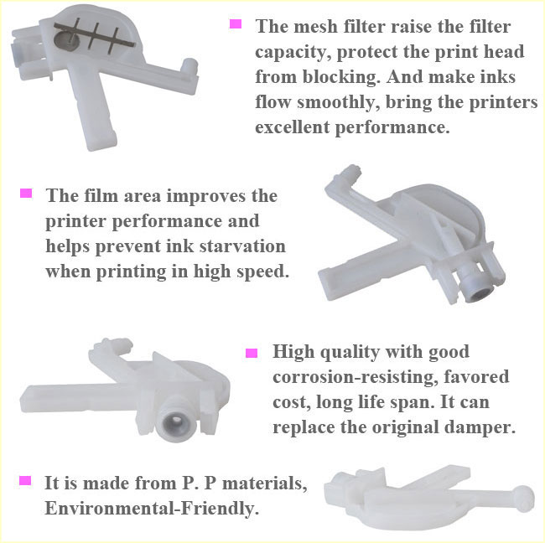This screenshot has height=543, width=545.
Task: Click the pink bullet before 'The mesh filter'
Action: (236, 24)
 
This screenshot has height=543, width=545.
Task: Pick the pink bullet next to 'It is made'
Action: (26, 481)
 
